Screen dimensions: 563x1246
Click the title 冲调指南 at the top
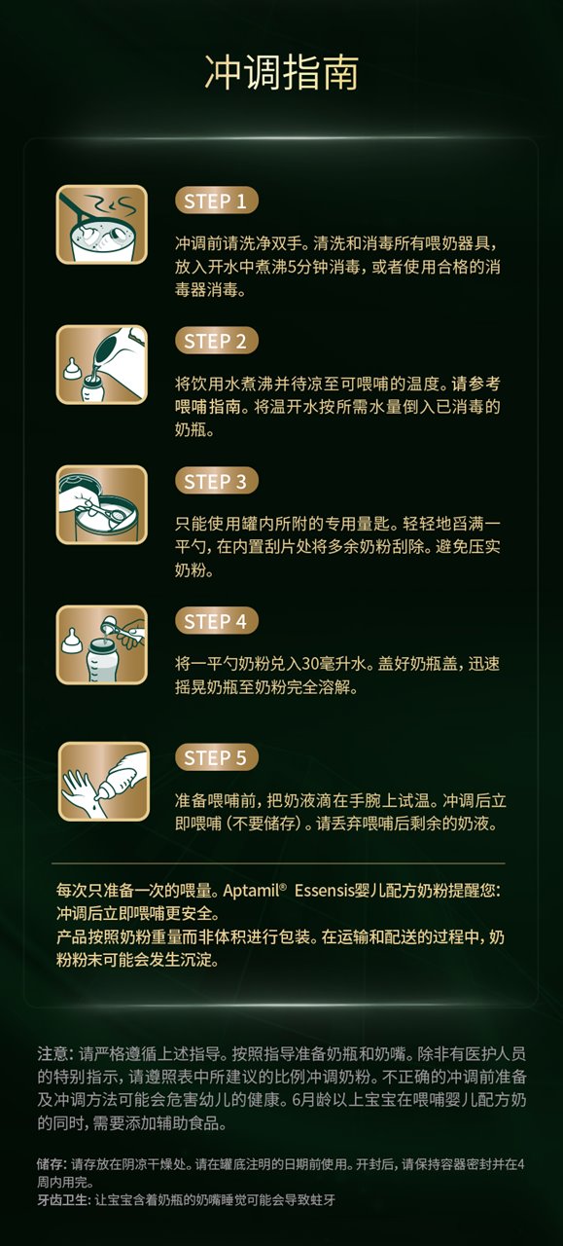281,72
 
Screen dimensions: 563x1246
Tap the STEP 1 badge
216,202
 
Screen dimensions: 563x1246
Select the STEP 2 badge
216,342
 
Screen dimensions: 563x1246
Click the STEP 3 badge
216,482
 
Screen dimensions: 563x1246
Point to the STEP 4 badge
216,621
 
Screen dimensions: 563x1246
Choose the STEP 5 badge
216,757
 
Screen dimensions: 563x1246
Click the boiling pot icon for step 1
102,225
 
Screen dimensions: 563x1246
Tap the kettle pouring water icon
102,365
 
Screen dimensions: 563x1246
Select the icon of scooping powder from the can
102,504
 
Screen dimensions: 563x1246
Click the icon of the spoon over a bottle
102,644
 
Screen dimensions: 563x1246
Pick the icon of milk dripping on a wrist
104,781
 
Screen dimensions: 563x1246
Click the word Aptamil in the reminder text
251,891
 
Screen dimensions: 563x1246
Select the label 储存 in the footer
51,1164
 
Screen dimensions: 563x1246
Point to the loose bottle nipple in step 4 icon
71,641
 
